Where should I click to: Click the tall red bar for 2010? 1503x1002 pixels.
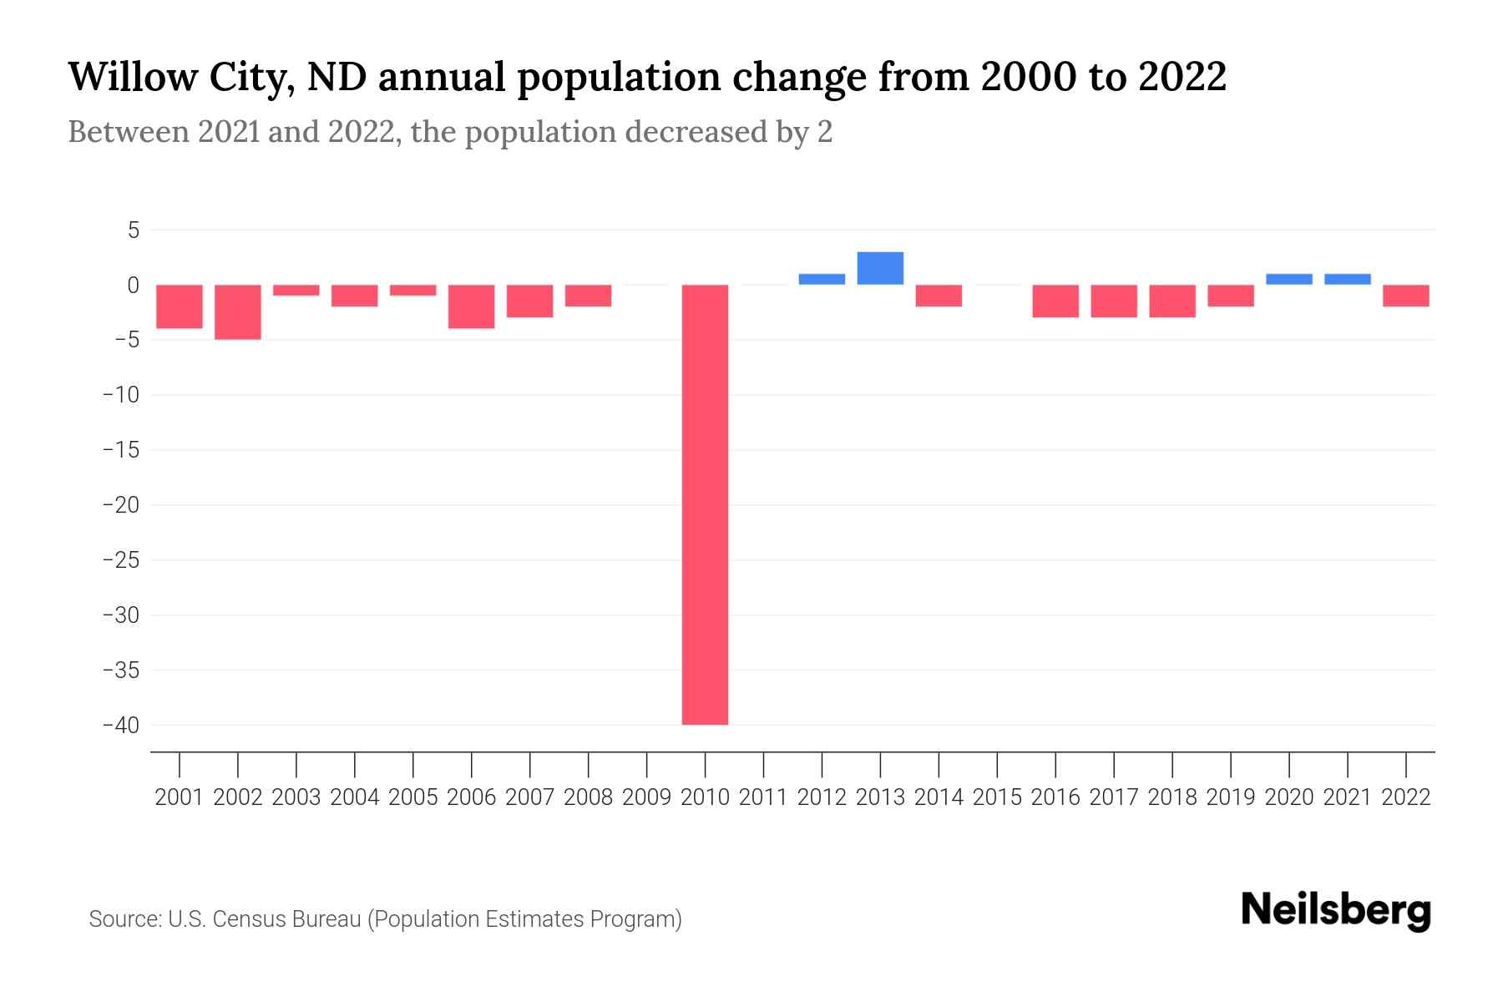click(x=705, y=504)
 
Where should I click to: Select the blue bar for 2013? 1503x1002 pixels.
click(x=880, y=268)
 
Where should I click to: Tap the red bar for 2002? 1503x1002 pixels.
click(x=238, y=311)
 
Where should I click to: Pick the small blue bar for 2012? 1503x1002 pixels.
click(x=822, y=279)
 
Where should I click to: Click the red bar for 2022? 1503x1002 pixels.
click(x=1406, y=296)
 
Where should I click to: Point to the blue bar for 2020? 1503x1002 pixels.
click(x=1289, y=279)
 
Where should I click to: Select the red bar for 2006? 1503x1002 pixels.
click(x=472, y=306)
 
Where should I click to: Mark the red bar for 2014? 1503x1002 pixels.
click(x=939, y=296)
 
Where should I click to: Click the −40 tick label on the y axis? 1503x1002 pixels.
click(x=121, y=725)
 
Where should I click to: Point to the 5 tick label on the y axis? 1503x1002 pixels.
click(x=133, y=230)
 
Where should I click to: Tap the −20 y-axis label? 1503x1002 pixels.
click(x=121, y=505)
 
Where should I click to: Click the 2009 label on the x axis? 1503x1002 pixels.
click(x=647, y=797)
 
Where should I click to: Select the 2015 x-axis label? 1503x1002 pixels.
click(x=997, y=797)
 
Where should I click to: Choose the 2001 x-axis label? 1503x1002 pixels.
click(x=180, y=797)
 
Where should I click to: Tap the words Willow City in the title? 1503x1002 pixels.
click(x=179, y=78)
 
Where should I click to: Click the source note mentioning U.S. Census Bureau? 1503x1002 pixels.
click(x=385, y=919)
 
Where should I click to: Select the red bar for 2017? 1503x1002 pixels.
click(x=1114, y=301)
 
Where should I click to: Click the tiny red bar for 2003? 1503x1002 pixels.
click(x=296, y=290)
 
